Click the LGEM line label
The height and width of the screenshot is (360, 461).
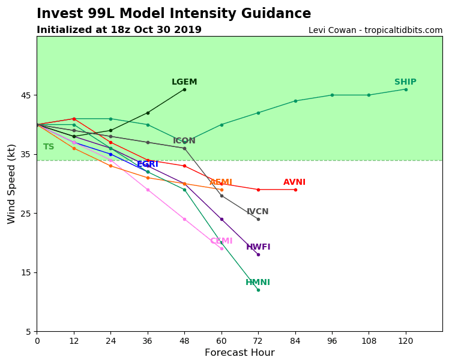[x=184, y=82]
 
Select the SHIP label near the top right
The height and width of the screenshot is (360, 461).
[x=405, y=82]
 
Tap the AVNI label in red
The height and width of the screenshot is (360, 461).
[x=294, y=182]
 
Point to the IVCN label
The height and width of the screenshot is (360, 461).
[x=258, y=212]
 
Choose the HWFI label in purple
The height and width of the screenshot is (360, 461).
[x=258, y=247]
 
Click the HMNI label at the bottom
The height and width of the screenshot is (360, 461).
[x=258, y=283]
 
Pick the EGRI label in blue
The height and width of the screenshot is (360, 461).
[x=148, y=164]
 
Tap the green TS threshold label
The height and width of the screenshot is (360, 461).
[x=49, y=147]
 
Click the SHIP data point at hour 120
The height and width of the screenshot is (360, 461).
[x=406, y=89]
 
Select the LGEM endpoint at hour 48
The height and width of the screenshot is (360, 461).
[x=184, y=89]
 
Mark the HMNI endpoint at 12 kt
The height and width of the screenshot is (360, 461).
[x=258, y=290]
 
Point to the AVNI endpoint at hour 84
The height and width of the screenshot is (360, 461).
[x=295, y=190]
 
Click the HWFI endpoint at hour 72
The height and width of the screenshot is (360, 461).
[x=258, y=254]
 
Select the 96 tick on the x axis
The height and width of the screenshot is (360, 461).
[x=332, y=341]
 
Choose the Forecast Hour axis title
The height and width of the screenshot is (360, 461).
[x=240, y=353]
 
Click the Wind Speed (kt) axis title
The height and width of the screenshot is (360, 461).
[x=12, y=184]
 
